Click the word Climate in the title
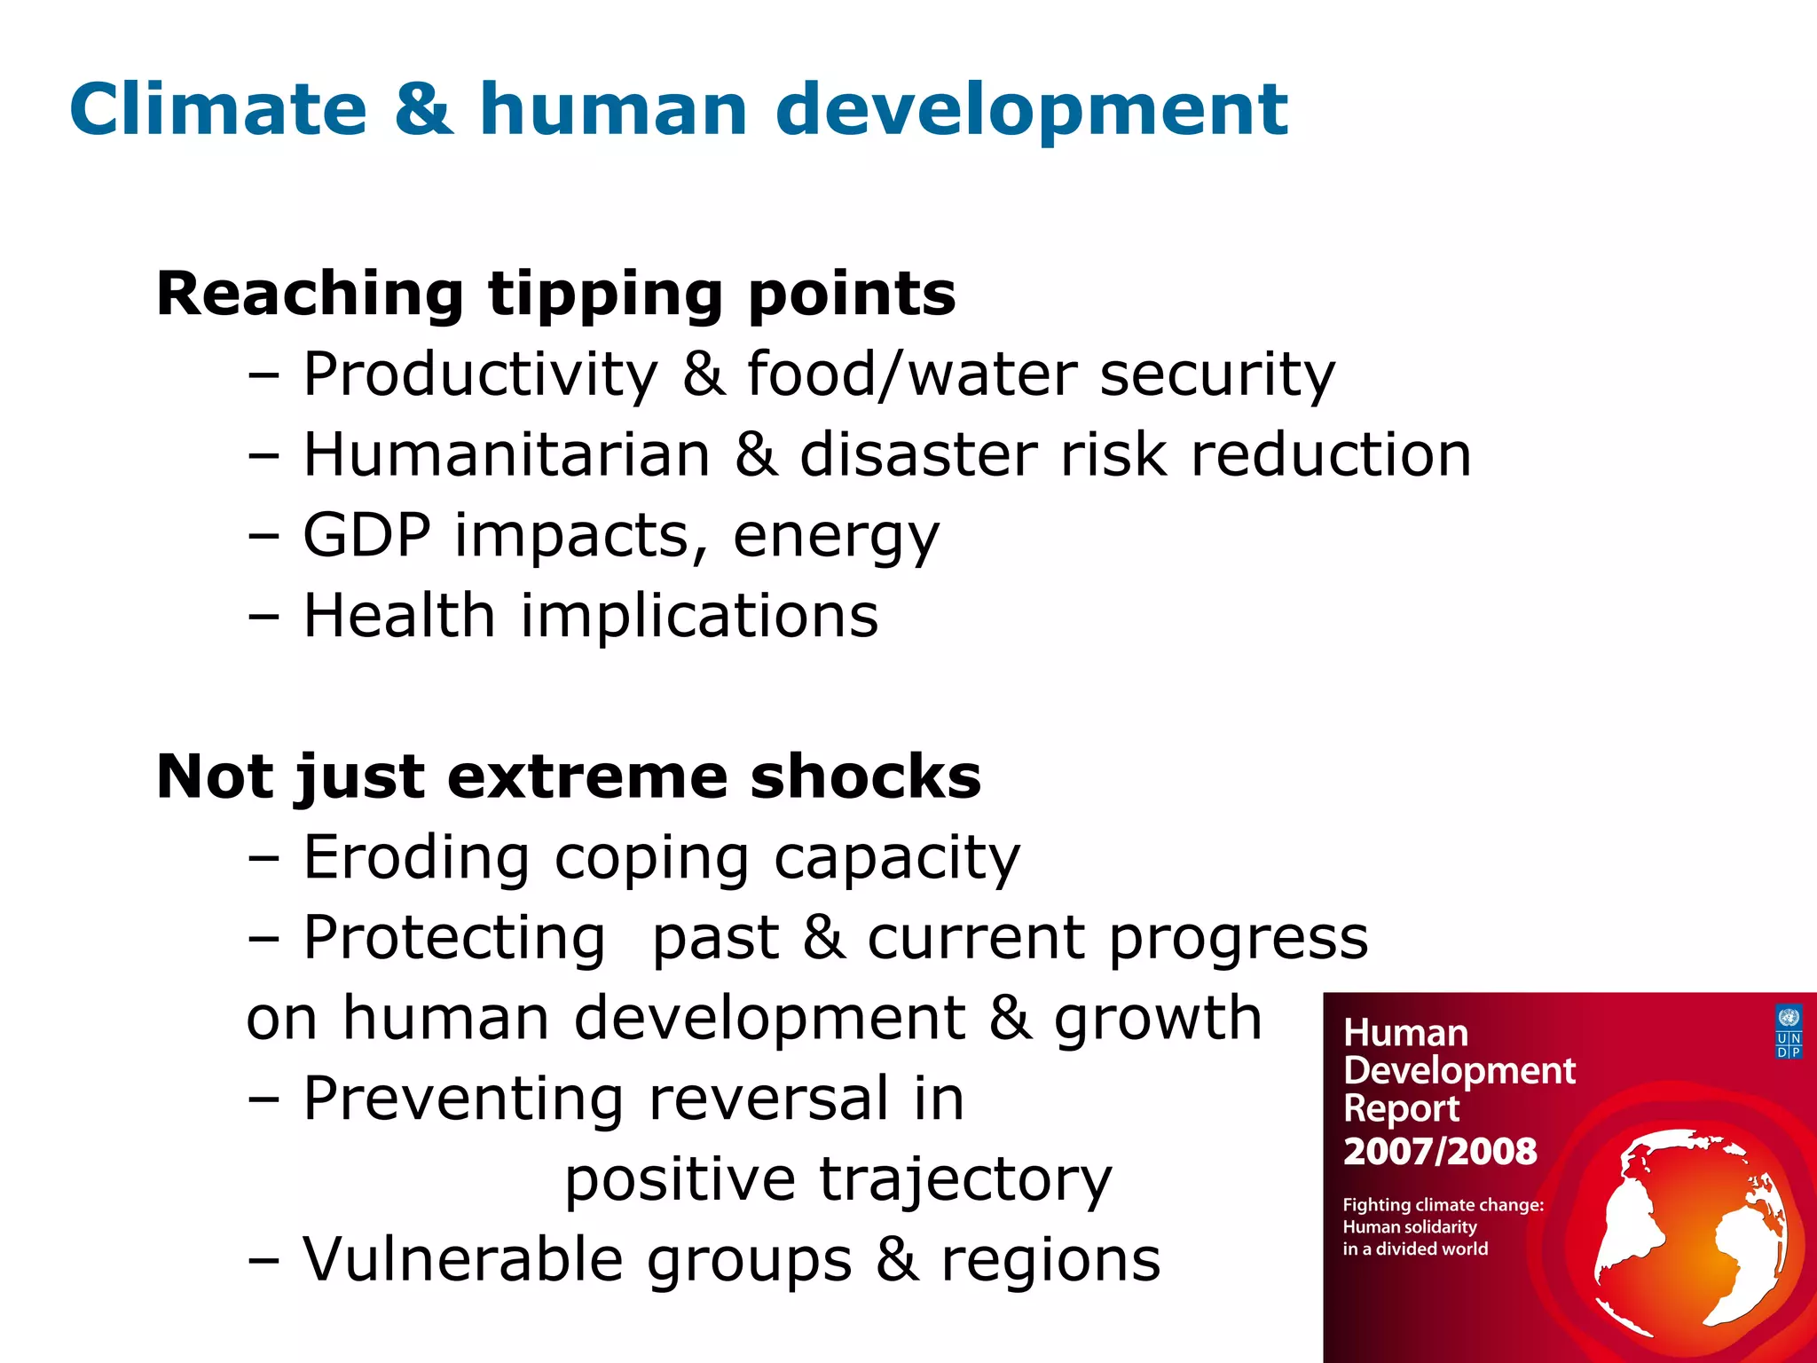click(x=218, y=109)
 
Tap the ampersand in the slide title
click(x=423, y=109)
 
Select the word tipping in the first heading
click(x=606, y=295)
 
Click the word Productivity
click(x=480, y=374)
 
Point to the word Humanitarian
click(x=507, y=454)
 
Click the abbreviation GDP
click(x=367, y=535)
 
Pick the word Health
click(x=398, y=615)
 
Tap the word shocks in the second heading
click(x=865, y=776)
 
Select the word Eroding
click(x=416, y=857)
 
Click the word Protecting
click(x=453, y=938)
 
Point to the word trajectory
click(x=964, y=1180)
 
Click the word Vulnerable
click(x=462, y=1259)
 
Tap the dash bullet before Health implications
click(x=264, y=616)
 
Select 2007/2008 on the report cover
click(x=1439, y=1151)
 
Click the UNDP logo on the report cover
click(x=1789, y=1031)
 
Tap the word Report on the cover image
click(x=1401, y=1108)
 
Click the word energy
click(x=836, y=537)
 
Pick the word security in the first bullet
click(x=1216, y=374)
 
